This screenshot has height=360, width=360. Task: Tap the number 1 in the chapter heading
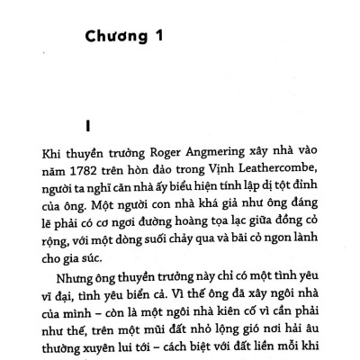tap(179, 39)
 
